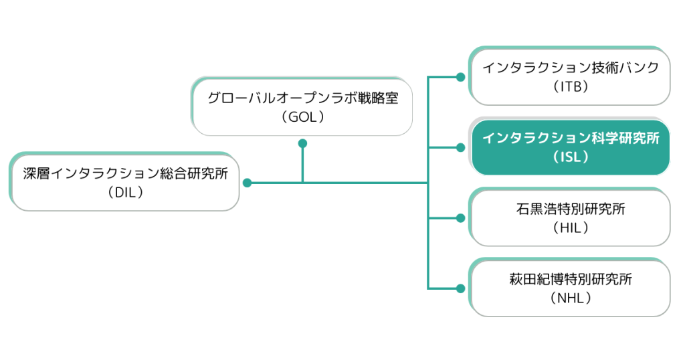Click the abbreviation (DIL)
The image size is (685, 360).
[x=125, y=192]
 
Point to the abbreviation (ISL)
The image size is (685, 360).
[x=571, y=157]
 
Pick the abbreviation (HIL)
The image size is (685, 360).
[x=571, y=228]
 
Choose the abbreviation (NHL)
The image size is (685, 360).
[x=571, y=298]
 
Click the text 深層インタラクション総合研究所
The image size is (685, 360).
[x=125, y=174]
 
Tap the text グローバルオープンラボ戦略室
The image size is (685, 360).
[x=302, y=98]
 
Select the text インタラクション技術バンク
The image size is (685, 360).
[x=571, y=68]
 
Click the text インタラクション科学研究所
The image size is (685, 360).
[x=571, y=139]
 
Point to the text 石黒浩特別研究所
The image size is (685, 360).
[x=571, y=209]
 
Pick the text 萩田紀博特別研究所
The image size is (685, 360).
[x=571, y=280]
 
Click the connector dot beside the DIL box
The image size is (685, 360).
[x=247, y=183]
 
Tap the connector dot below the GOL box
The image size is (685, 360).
[x=302, y=143]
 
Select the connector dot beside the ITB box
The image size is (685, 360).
[x=460, y=77]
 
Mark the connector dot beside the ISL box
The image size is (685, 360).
[x=460, y=147]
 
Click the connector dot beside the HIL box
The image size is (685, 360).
[x=460, y=218]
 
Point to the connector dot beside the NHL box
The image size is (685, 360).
[x=460, y=288]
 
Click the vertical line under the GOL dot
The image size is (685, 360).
[x=302, y=164]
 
